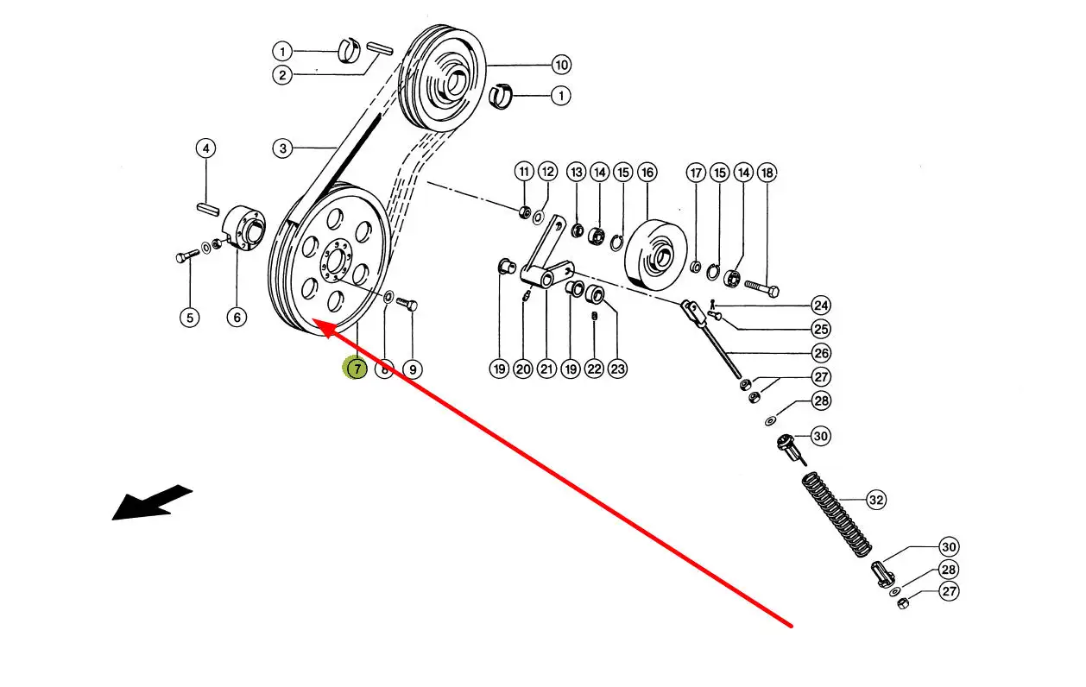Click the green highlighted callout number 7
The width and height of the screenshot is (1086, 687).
click(356, 369)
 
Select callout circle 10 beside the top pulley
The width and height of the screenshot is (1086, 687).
click(561, 65)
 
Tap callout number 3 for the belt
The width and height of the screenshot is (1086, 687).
click(282, 148)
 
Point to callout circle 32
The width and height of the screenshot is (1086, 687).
click(875, 500)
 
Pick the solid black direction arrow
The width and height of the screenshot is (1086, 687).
click(151, 502)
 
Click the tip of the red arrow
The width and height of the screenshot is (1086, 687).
click(316, 321)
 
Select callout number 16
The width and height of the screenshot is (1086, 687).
click(647, 173)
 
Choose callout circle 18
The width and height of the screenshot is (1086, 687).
click(767, 173)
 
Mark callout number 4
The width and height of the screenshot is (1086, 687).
click(205, 148)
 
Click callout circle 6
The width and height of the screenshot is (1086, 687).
click(237, 317)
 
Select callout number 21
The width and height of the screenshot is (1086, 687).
click(546, 369)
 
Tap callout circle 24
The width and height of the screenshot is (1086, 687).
click(820, 305)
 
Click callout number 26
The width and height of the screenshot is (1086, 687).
click(820, 352)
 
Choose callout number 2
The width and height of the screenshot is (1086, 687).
click(282, 74)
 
